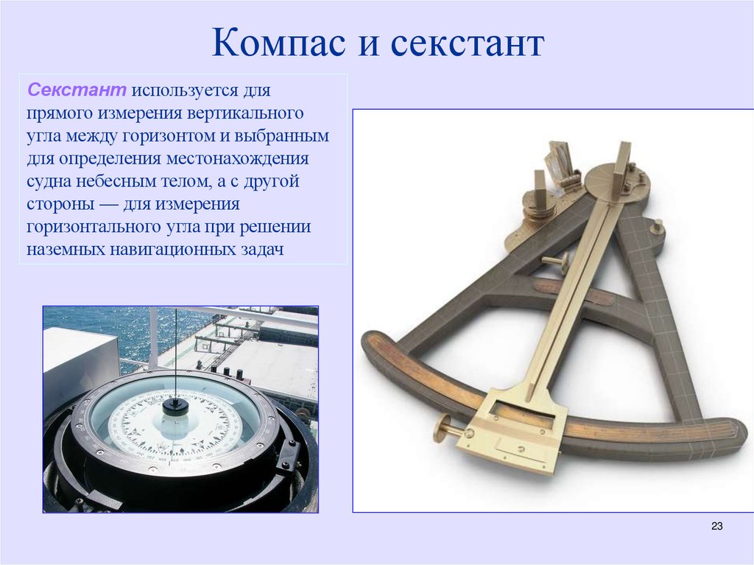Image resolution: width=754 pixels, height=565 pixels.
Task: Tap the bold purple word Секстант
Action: (77, 91)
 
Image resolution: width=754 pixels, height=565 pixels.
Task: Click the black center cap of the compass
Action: (175, 405)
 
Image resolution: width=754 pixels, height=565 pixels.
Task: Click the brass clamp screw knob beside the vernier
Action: (444, 428)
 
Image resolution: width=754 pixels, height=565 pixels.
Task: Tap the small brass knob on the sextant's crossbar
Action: (559, 262)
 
